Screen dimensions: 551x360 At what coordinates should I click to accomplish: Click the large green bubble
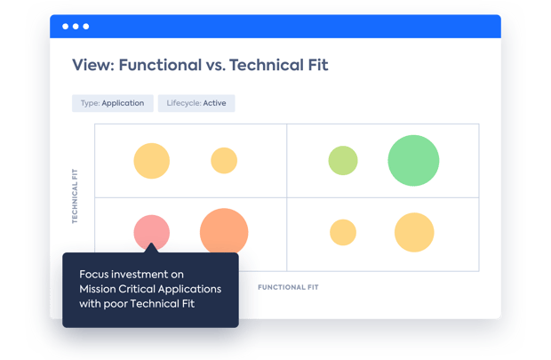(x=413, y=160)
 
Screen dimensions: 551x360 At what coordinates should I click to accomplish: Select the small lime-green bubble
(x=343, y=160)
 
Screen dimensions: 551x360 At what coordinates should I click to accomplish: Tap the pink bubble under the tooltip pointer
(x=151, y=232)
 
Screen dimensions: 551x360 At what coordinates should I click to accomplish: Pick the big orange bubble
(x=224, y=232)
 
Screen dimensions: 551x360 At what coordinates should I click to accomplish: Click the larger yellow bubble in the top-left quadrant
(x=151, y=161)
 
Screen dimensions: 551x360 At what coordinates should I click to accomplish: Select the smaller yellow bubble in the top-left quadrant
(x=224, y=160)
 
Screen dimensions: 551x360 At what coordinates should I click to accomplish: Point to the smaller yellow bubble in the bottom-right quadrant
(x=343, y=232)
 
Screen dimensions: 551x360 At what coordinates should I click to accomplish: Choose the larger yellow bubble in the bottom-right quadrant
(x=414, y=232)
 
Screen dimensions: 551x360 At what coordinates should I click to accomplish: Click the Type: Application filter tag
(x=113, y=103)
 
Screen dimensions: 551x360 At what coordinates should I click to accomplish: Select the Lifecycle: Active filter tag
(x=196, y=103)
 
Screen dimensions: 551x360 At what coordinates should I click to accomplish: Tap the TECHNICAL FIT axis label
(x=75, y=196)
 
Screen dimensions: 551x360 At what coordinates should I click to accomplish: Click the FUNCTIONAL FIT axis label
(x=288, y=287)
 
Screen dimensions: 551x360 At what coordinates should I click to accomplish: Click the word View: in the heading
(x=93, y=65)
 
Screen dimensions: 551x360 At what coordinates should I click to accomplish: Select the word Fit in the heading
(x=318, y=65)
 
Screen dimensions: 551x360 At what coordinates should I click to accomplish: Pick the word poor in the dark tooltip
(x=116, y=304)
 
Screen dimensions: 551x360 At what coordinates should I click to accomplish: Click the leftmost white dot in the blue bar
(x=66, y=27)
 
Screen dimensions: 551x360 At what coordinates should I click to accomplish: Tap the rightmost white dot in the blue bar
(x=85, y=27)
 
